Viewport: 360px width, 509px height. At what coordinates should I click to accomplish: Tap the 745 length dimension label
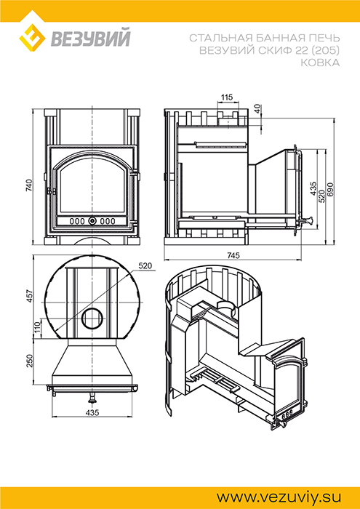tap(233, 256)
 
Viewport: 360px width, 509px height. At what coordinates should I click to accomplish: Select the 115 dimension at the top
tap(227, 97)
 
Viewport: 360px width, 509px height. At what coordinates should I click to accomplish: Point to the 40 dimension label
tap(257, 109)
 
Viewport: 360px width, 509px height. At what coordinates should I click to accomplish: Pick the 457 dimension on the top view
tap(29, 296)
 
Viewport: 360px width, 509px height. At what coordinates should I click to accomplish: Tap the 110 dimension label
tap(36, 327)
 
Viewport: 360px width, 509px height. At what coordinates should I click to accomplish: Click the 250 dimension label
tap(29, 361)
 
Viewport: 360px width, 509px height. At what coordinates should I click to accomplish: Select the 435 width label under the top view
tap(92, 413)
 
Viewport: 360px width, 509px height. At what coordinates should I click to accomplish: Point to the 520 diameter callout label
tap(145, 266)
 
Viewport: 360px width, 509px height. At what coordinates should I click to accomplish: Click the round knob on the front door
tap(92, 221)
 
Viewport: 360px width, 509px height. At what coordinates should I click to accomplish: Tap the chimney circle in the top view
tap(92, 318)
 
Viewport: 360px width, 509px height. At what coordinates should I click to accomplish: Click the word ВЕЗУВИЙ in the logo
tap(90, 38)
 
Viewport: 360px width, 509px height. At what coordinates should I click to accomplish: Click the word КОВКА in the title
tap(320, 63)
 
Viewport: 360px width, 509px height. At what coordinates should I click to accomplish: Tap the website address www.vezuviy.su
tap(279, 497)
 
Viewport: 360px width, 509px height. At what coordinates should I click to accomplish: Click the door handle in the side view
tap(307, 220)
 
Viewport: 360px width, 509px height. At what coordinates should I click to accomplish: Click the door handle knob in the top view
tap(93, 398)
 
